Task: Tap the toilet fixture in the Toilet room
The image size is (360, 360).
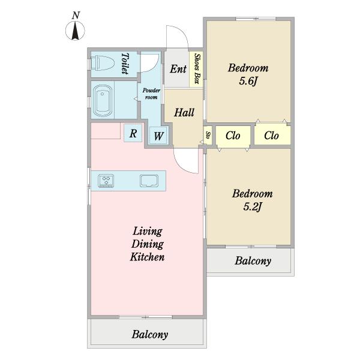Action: pos(103,62)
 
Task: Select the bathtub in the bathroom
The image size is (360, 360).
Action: pos(103,101)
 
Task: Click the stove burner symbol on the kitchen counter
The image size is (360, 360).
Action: pos(106,181)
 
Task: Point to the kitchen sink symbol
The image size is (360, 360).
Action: pos(149,181)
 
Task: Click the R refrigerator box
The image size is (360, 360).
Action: pos(133,133)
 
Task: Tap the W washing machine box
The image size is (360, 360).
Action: pos(158,136)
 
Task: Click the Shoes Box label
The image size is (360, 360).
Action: pos(197,68)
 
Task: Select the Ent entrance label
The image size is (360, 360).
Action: pos(178,68)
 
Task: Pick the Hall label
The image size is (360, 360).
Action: pos(184,112)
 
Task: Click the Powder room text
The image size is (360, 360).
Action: pos(151,94)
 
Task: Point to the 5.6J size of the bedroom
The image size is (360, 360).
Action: pos(248,81)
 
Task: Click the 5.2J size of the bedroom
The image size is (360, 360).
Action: pos(253,207)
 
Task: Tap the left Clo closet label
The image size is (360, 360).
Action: pos(233,136)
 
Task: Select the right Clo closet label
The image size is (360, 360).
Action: pos(271,136)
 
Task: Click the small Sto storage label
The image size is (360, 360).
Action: pos(208,134)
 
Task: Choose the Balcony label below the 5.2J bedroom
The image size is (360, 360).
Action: pos(253,261)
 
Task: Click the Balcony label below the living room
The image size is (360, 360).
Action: pos(149,334)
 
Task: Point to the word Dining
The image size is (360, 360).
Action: pos(148,244)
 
